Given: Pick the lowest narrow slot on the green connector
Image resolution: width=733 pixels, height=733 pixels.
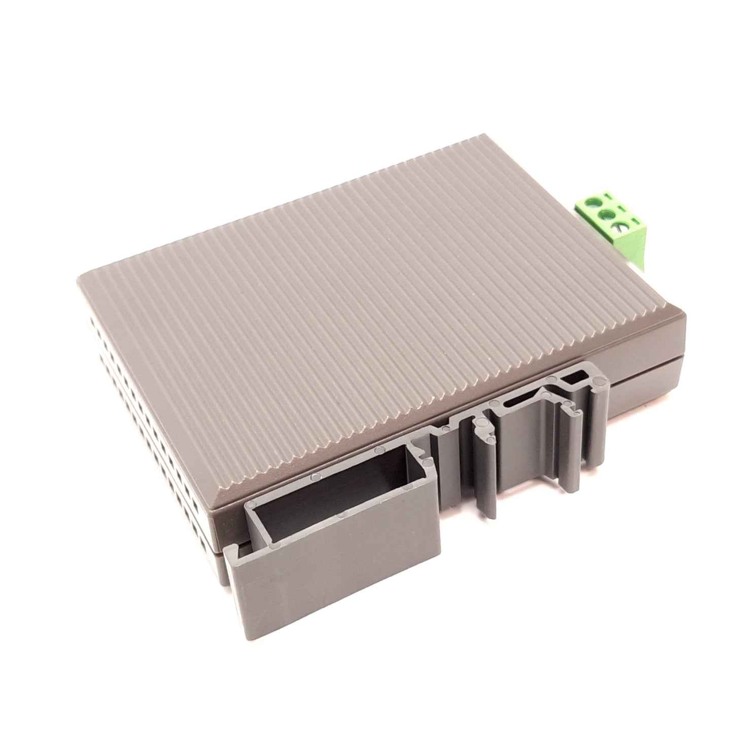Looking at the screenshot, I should (636, 222).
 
